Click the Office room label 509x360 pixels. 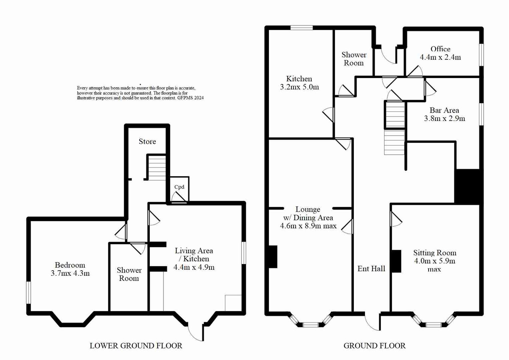pyautogui.click(x=440, y=49)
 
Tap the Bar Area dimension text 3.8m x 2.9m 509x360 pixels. pyautogui.click(x=444, y=119)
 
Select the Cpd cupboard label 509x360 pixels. pyautogui.click(x=179, y=187)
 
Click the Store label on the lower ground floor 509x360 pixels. pyautogui.click(x=147, y=142)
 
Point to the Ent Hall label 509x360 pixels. pyautogui.click(x=371, y=269)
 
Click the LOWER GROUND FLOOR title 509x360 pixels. pyautogui.click(x=136, y=346)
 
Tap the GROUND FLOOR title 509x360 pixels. pyautogui.click(x=374, y=346)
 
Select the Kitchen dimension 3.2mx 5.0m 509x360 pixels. pyautogui.click(x=299, y=87)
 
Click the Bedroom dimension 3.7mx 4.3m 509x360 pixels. pyautogui.click(x=70, y=274)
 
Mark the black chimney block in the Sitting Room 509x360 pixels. pyautogui.click(x=396, y=261)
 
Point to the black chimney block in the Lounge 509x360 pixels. pyautogui.click(x=273, y=257)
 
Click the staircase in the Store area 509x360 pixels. pyautogui.click(x=156, y=168)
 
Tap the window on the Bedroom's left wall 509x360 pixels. pyautogui.click(x=29, y=292)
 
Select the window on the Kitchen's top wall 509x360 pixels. pyautogui.click(x=301, y=28)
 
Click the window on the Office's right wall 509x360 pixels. pyautogui.click(x=481, y=55)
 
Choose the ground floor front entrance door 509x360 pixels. pyautogui.click(x=372, y=322)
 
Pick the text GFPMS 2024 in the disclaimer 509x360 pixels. pyautogui.click(x=190, y=98)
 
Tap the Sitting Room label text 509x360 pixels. pyautogui.click(x=435, y=253)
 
